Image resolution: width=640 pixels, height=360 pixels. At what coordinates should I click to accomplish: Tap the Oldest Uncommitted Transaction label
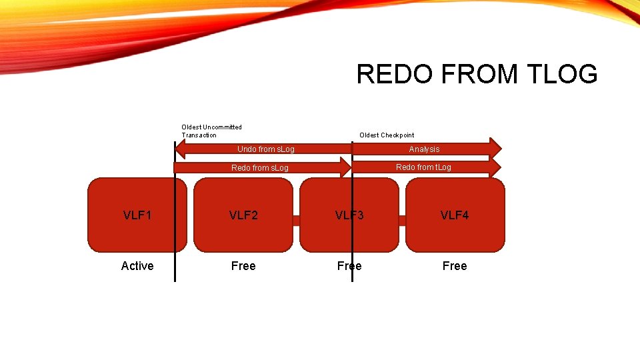point(211,131)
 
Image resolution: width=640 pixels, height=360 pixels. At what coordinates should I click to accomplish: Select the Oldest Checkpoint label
point(387,135)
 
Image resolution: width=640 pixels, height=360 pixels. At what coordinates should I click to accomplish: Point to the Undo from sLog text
point(266,149)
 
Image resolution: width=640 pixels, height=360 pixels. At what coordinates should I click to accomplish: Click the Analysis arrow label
point(424,149)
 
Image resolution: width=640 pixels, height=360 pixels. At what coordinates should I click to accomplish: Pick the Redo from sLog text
point(259,168)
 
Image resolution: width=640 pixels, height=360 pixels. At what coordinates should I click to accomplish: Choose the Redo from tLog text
point(423,167)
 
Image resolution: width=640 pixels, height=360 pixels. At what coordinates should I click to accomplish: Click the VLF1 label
point(137,215)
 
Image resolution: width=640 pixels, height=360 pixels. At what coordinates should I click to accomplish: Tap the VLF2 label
point(243,215)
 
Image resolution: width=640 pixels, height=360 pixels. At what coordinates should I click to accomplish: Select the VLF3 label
point(349,215)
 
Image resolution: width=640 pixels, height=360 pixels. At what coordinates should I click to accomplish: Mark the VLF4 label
point(455,215)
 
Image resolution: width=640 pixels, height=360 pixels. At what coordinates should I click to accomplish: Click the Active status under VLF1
point(137,266)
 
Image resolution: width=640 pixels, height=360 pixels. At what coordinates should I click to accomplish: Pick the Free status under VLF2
point(243,266)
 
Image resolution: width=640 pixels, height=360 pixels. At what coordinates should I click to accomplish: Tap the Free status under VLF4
point(455,266)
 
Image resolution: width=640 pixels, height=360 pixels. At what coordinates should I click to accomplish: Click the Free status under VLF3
point(349,266)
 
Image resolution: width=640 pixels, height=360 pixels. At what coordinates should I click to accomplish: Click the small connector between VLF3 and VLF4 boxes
point(402,220)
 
